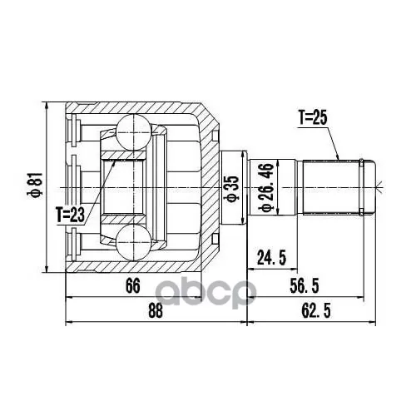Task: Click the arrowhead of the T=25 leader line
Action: click(x=338, y=157)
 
